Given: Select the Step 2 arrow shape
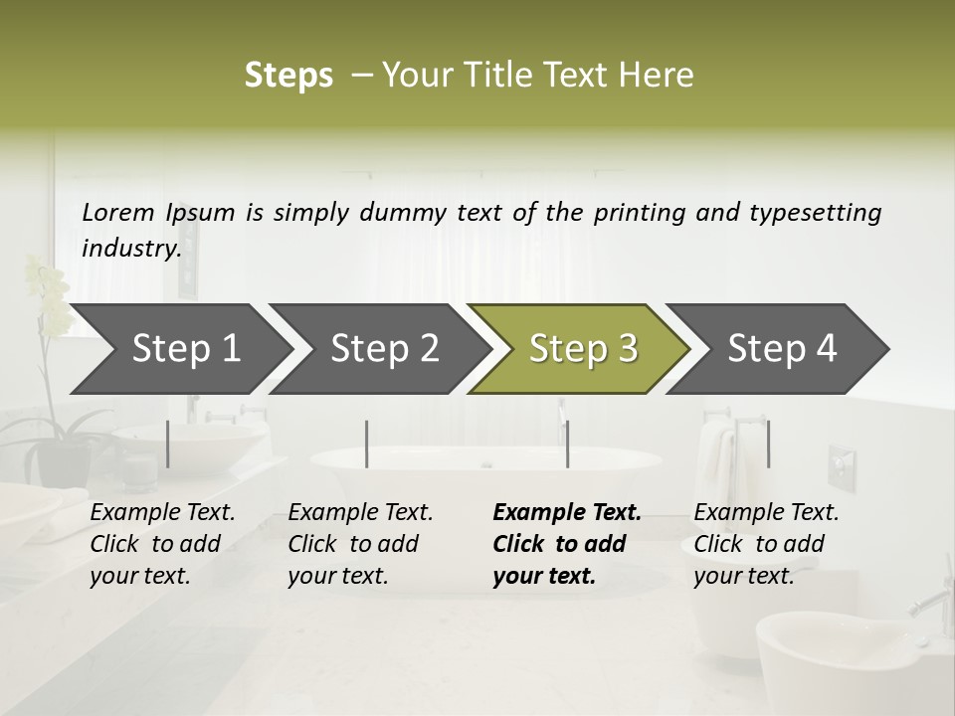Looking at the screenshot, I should coord(384,349).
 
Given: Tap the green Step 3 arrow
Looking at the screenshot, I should coord(583,349).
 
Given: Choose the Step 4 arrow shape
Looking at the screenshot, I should coord(782,349).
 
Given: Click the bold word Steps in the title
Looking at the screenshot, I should coord(288,76).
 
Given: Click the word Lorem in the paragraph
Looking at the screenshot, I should coord(118,212).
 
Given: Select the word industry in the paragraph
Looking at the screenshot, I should coord(130,248).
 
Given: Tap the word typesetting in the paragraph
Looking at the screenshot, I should coord(815,213).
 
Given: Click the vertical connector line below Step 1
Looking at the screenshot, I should coord(168,444).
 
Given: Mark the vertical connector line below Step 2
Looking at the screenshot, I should coord(367,444).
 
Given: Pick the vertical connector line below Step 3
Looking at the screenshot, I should coord(567,444).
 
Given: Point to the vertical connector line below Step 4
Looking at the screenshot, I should coord(768,444).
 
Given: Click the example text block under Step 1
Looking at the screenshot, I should coord(162,544).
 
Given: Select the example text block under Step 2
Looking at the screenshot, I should coord(360,544).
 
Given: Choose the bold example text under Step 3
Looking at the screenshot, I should coord(566,544).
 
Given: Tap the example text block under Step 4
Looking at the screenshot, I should coord(766,544).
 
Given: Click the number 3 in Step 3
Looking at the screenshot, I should coord(627,349).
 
